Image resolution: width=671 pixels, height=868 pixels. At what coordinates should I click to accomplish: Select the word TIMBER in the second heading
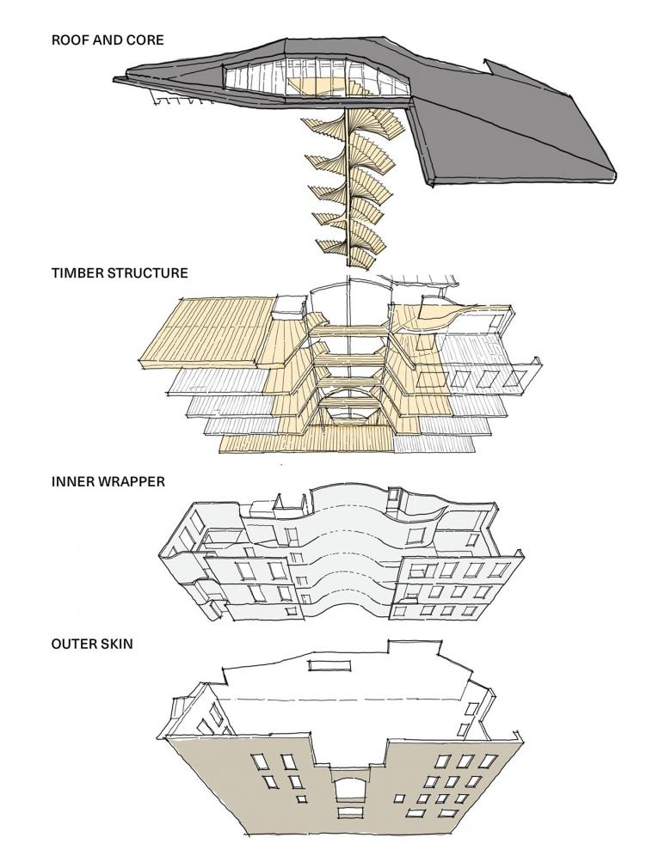pyautogui.click(x=77, y=273)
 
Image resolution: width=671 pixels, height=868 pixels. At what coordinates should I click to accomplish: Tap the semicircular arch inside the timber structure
pyautogui.click(x=348, y=408)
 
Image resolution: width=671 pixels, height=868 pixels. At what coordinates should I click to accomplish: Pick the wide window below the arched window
pyautogui.click(x=348, y=812)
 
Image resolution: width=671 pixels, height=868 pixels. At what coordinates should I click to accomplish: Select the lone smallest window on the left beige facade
pyautogui.click(x=301, y=799)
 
